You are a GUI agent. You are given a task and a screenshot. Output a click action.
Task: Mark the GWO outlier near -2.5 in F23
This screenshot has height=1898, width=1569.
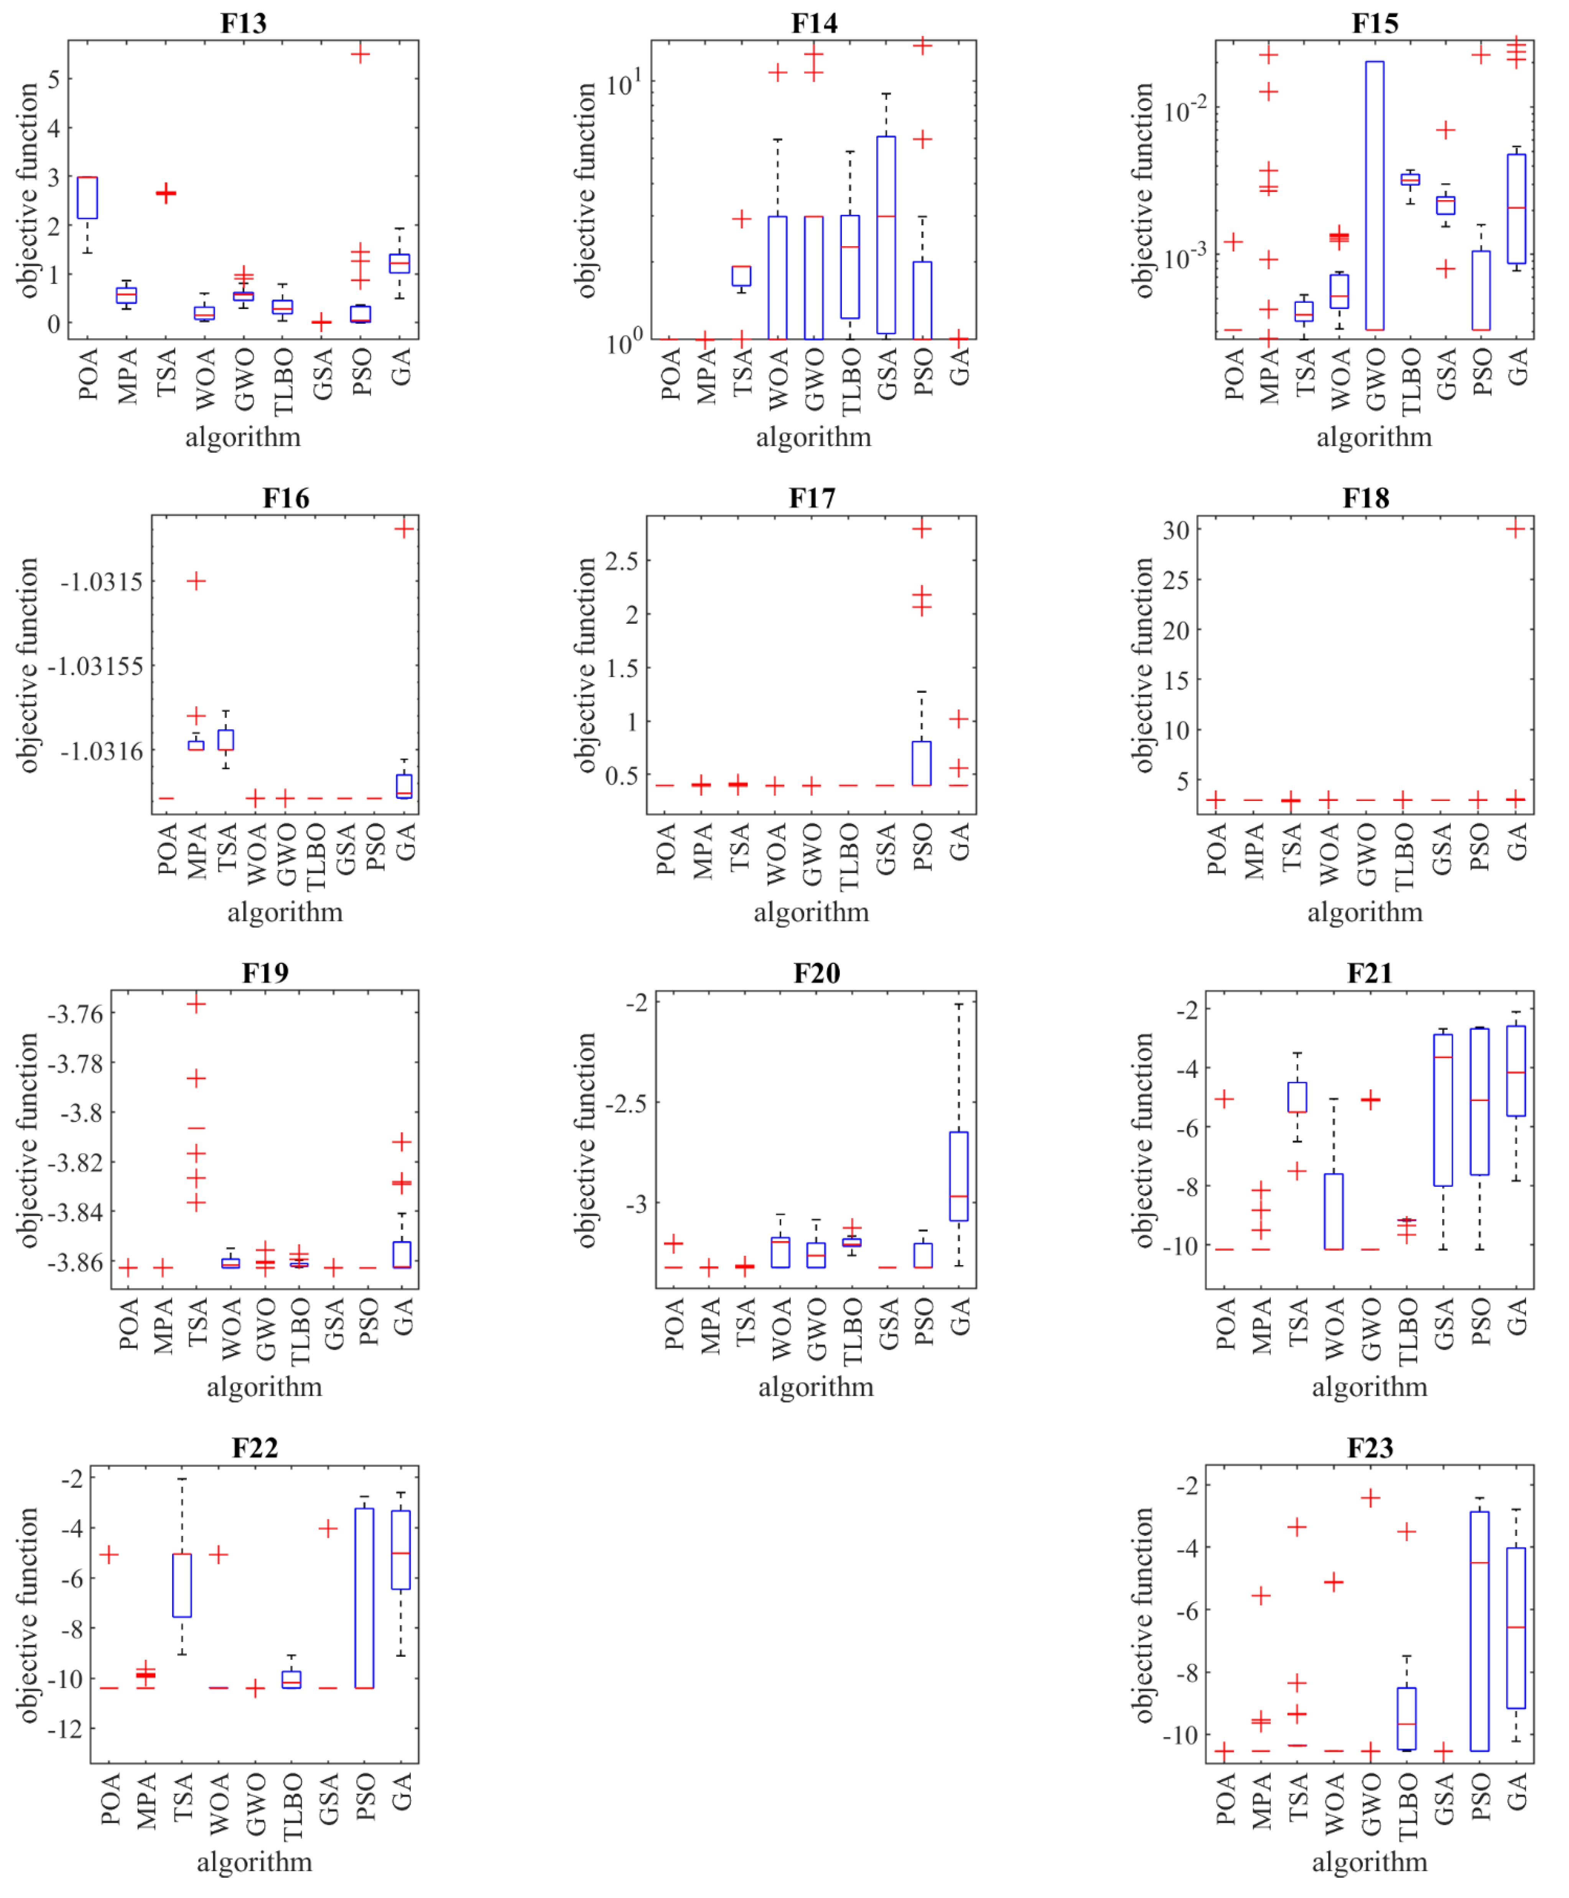tap(1371, 1499)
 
